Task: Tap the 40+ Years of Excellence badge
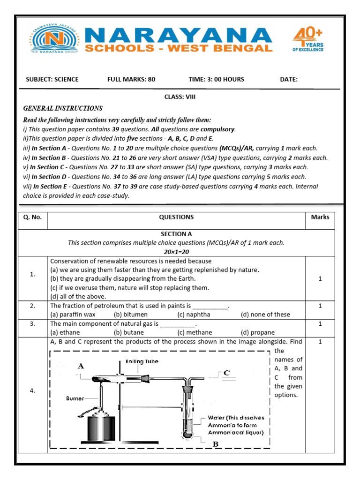click(307, 39)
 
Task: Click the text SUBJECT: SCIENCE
click(52, 79)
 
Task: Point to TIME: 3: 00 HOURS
click(216, 79)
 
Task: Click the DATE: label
click(289, 79)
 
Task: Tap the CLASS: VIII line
click(180, 97)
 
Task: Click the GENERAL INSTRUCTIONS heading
click(63, 108)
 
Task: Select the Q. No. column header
click(32, 217)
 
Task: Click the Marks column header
click(320, 217)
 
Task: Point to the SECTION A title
click(176, 233)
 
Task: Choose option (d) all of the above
click(78, 296)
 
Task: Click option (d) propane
click(258, 333)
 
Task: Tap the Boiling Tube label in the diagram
click(142, 361)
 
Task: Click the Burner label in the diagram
click(75, 398)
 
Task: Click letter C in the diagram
click(226, 373)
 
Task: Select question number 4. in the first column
click(32, 391)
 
